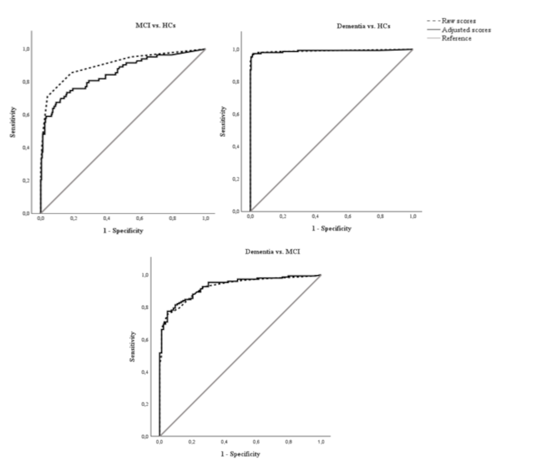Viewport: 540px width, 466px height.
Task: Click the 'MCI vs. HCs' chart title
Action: click(155, 25)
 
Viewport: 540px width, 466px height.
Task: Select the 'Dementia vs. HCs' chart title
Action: click(363, 26)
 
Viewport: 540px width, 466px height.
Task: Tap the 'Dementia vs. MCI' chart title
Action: click(272, 252)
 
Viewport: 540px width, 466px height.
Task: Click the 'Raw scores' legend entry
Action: click(459, 21)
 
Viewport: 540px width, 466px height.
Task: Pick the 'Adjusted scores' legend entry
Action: click(466, 30)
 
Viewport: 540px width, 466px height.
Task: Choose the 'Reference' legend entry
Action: click(456, 38)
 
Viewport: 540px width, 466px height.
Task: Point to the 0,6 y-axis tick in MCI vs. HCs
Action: click(26, 115)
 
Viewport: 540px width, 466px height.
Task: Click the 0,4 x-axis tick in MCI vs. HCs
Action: click(106, 218)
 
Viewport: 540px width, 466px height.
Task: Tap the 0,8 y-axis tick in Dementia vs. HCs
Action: click(236, 82)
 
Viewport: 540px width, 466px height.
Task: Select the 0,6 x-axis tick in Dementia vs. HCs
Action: click(348, 216)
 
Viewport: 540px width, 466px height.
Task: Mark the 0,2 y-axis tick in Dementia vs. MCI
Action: click(145, 404)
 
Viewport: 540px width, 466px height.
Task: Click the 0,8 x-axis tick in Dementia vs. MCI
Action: click(289, 442)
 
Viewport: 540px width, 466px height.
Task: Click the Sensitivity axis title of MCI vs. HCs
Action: click(13, 122)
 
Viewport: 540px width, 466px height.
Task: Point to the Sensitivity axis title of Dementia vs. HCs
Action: click(223, 121)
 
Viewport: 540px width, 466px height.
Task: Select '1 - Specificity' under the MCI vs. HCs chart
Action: click(123, 231)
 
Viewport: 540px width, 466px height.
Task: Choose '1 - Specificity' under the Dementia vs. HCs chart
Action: click(331, 229)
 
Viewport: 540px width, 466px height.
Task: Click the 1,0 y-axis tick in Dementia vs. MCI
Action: click(145, 275)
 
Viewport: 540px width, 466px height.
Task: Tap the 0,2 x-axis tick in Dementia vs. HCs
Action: click(283, 216)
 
